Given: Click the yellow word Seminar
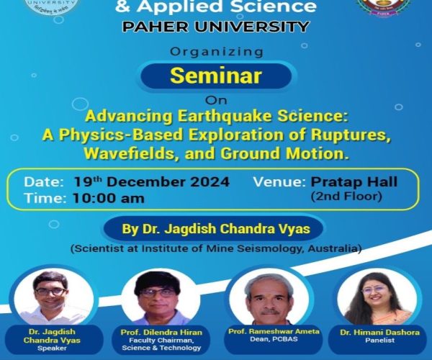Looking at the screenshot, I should pyautogui.click(x=215, y=76).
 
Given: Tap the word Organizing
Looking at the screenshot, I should pyautogui.click(x=215, y=52).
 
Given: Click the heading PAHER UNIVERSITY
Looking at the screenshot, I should pyautogui.click(x=215, y=27).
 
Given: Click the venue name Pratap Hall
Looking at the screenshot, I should pyautogui.click(x=354, y=182).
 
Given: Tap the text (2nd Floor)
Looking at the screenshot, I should pyautogui.click(x=345, y=196).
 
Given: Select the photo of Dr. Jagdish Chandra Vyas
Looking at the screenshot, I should pyautogui.click(x=52, y=295).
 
